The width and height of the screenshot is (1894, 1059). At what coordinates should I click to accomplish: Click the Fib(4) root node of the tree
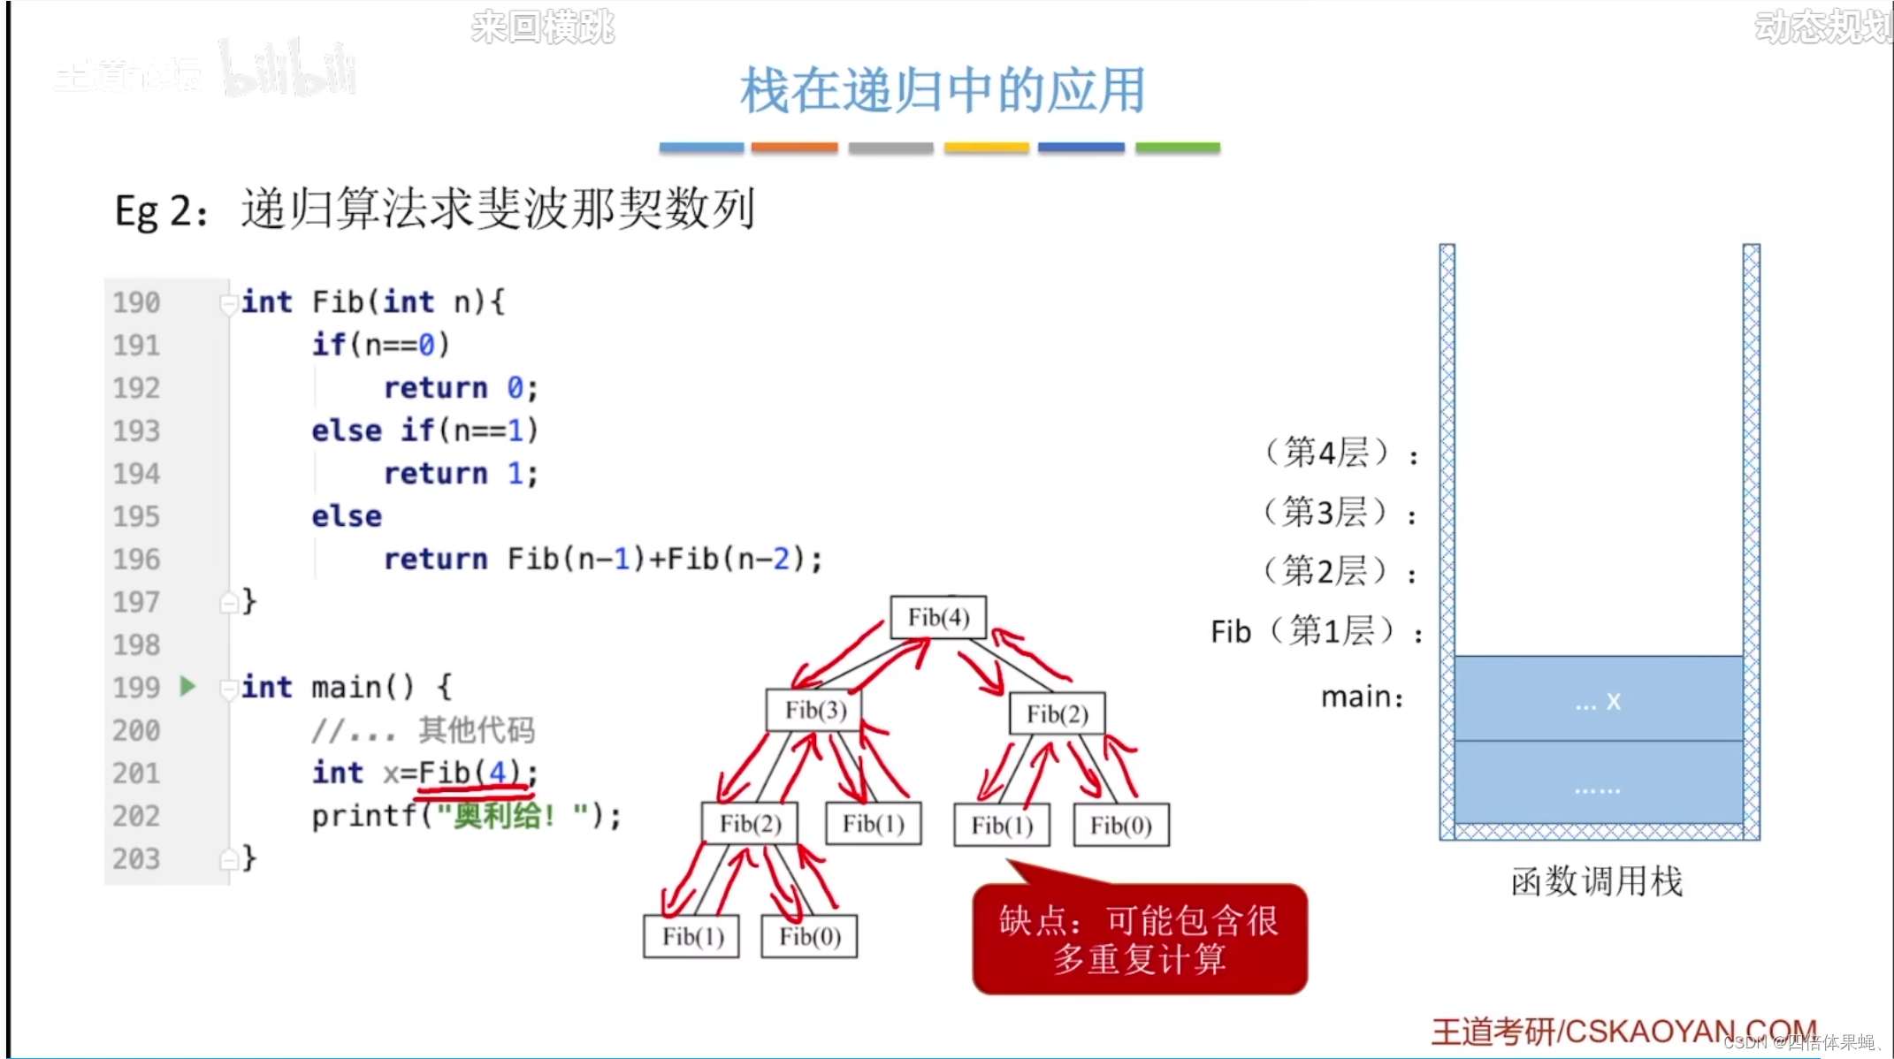[938, 617]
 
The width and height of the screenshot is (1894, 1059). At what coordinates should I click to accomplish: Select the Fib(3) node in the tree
[814, 710]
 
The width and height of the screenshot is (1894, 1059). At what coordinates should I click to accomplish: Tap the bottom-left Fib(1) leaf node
[692, 936]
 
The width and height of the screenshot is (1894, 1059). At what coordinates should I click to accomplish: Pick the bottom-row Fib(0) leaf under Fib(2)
[809, 936]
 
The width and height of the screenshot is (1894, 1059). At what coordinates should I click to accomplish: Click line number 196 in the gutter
[136, 559]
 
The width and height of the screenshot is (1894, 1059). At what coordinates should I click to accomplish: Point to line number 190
[136, 302]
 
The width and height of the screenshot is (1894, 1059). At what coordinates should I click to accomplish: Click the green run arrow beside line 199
[187, 686]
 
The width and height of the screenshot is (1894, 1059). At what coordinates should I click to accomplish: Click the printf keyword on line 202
[363, 816]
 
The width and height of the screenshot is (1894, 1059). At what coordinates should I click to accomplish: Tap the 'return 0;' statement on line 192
[460, 387]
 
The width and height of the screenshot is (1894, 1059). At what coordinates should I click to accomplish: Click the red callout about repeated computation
[1139, 940]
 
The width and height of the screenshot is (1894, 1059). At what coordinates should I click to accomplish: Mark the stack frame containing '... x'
[1598, 699]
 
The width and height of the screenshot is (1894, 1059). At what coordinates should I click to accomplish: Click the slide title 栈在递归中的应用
[943, 90]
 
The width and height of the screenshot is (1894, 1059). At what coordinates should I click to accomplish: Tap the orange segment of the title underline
[794, 148]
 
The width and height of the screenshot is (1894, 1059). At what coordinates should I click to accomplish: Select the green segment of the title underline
[1177, 148]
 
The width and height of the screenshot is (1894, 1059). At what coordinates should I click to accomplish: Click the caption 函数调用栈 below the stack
[1596, 881]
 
